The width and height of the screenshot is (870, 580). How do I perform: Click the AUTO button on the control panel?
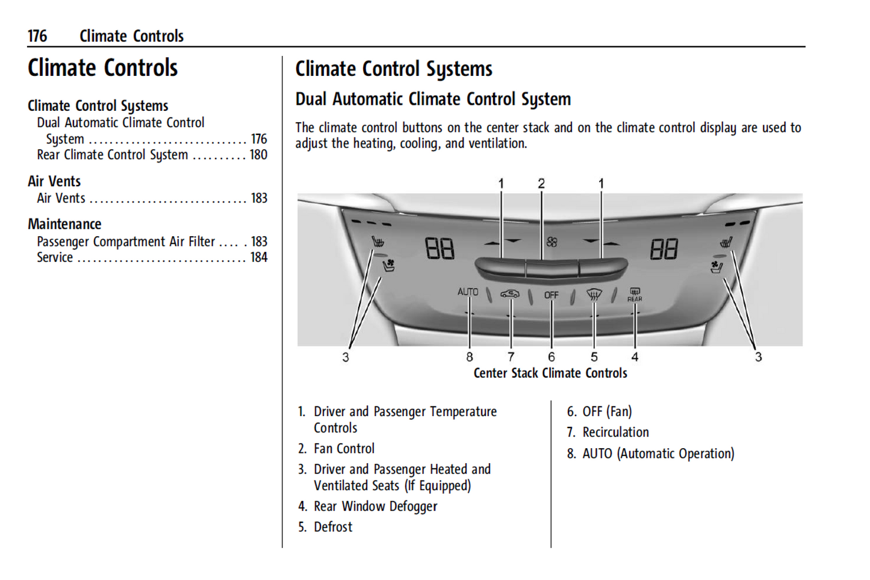tap(468, 292)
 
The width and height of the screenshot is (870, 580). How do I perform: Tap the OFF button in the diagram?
tap(551, 295)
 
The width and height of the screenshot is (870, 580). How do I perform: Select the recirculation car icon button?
tap(509, 294)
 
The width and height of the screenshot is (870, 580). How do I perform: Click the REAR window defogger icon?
tap(635, 294)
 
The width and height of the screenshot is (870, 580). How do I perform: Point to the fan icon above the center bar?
tap(552, 242)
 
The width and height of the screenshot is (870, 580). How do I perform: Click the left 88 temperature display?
tap(440, 248)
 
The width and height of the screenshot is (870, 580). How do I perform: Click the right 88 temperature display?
tap(663, 248)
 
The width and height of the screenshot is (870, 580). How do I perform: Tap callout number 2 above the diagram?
tap(541, 183)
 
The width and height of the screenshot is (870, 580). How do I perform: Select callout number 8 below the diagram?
tap(470, 357)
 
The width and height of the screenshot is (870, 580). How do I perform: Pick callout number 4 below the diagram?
tap(635, 357)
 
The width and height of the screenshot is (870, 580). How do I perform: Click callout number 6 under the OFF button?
tap(552, 357)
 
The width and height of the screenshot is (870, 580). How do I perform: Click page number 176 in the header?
tap(37, 36)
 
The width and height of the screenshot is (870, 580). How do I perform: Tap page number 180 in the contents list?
tap(258, 155)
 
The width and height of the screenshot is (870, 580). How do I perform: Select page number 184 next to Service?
tap(258, 257)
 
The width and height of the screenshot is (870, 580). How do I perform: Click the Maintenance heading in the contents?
tap(64, 224)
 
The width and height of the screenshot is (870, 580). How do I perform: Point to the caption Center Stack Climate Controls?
tap(550, 373)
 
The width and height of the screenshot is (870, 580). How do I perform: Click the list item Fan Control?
tap(344, 449)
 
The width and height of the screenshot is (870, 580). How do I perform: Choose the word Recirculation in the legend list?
tap(615, 432)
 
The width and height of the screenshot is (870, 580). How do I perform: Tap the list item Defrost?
tap(333, 527)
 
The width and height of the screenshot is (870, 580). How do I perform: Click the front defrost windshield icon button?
tap(594, 295)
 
